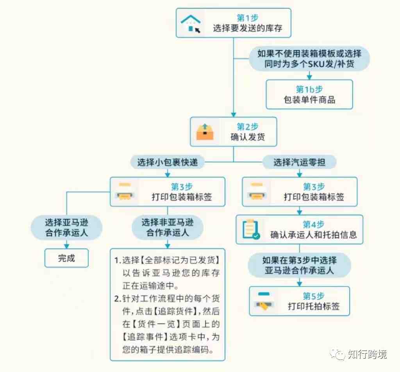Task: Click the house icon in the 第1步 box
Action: (x=191, y=23)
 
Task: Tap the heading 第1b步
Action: (x=309, y=89)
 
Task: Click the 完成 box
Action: (x=66, y=258)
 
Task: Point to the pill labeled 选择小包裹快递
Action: (x=167, y=162)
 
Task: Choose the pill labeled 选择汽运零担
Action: (x=299, y=162)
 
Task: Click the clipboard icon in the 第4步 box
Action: (x=251, y=229)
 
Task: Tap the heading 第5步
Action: (x=314, y=296)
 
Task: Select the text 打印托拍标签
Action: (x=314, y=306)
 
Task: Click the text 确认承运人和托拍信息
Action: (x=313, y=235)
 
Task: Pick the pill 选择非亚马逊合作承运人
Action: (x=167, y=228)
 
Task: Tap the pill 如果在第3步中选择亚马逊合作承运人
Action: (x=299, y=265)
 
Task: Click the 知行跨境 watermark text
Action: (x=367, y=354)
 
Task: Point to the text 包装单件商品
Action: (x=309, y=100)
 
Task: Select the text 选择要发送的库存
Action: (x=247, y=28)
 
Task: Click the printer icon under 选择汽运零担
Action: (x=257, y=192)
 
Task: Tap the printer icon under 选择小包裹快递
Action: (x=125, y=192)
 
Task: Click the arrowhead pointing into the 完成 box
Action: (x=66, y=246)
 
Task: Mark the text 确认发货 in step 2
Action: (x=247, y=137)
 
